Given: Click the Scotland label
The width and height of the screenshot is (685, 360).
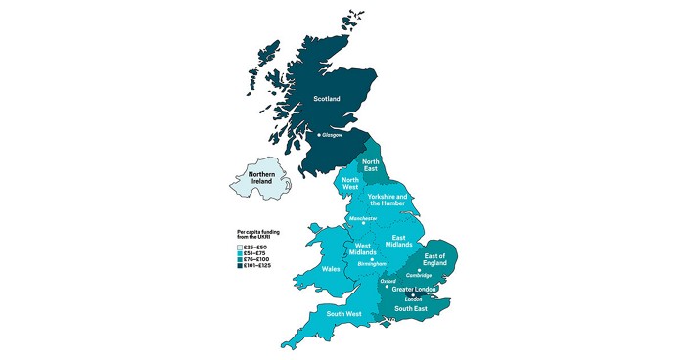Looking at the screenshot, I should coord(328,99).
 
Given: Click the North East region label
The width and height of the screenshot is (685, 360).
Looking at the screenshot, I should coord(371,165).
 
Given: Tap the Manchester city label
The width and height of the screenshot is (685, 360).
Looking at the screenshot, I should coord(363,219).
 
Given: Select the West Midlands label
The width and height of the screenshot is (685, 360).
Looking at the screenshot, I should coord(363,248).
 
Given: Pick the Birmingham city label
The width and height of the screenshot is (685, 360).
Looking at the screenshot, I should coord(370,263).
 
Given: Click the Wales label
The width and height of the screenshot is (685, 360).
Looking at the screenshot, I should coord(332,268).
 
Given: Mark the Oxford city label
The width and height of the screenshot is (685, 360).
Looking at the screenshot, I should coord(388,281).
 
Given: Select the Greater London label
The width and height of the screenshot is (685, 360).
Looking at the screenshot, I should coord(414,290).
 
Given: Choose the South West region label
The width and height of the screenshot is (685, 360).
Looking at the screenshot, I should coord(344,314).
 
